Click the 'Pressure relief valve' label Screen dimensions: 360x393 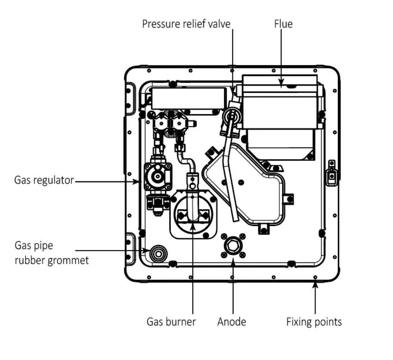click(186, 24)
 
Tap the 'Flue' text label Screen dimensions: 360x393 click(283, 24)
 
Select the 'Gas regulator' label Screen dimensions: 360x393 click(44, 180)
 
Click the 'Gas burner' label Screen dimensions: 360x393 click(171, 321)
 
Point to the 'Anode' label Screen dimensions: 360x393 click(232, 321)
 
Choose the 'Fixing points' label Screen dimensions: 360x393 click(314, 321)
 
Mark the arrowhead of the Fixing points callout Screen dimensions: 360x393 click(315, 284)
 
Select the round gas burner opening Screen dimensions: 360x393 click(193, 216)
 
